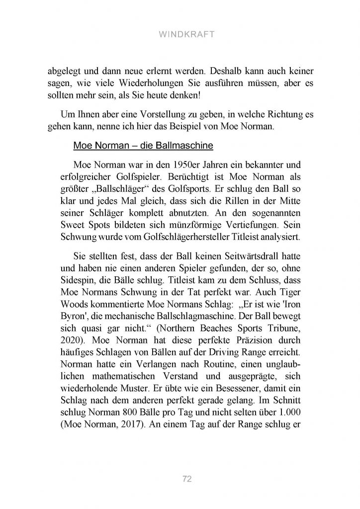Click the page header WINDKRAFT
click(180, 36)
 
